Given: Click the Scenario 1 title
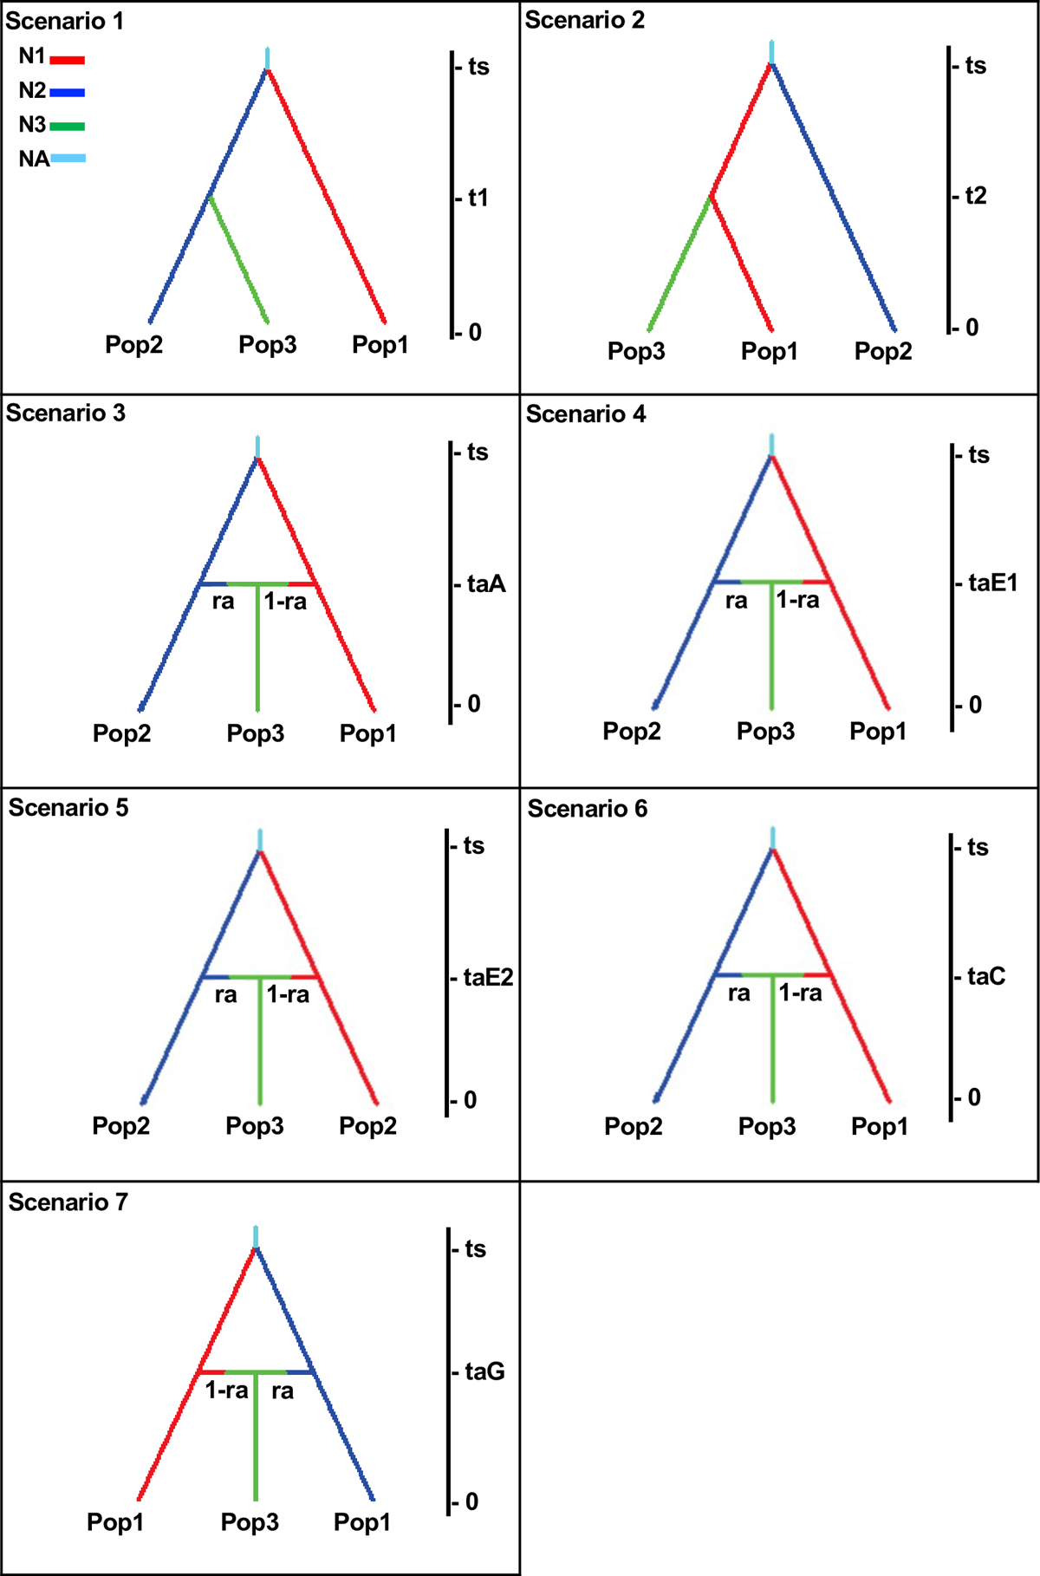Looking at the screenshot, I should point(65,21).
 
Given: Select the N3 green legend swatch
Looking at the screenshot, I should point(68,127).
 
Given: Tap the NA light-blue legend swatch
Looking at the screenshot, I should point(68,159).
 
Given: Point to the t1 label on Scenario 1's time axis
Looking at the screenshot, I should point(478,199).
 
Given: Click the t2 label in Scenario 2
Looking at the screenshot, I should point(975,197).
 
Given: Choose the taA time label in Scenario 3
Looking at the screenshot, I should point(485,584).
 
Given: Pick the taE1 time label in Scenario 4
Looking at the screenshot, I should point(992,583).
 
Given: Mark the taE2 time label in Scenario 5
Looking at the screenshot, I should point(488,978).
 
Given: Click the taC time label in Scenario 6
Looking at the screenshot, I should point(986,977).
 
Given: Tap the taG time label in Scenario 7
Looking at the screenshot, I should point(484,1371).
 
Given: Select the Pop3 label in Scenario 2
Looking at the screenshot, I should point(636,351).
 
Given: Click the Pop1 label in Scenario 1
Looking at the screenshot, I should point(380,345).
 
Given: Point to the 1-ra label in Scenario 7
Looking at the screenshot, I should point(226,1390).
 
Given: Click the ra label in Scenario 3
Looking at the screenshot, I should point(223,602).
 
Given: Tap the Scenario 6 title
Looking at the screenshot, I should point(588,809).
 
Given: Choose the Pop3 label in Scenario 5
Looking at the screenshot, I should point(255,1126).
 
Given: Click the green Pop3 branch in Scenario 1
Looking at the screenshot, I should point(239,260).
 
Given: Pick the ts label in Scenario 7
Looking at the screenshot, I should point(475,1249).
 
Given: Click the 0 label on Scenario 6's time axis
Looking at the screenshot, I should point(974,1097).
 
